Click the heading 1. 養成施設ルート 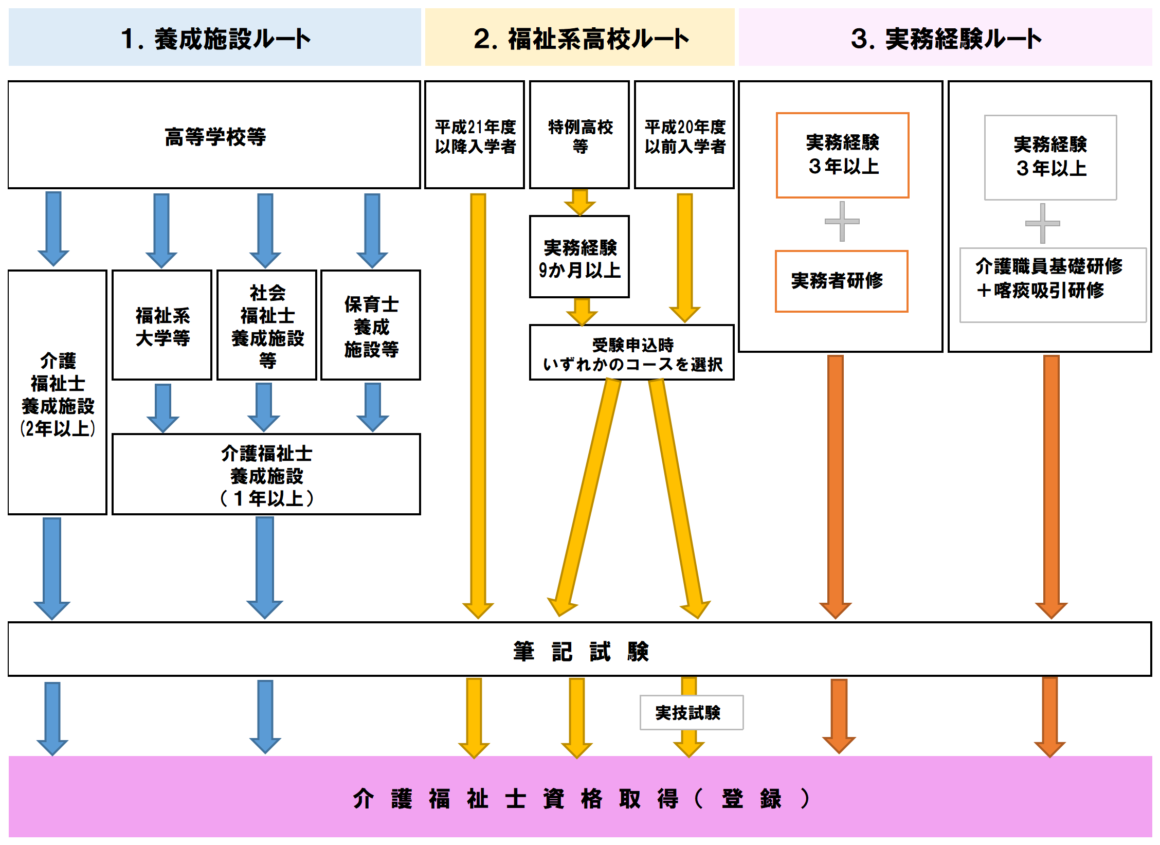tap(215, 39)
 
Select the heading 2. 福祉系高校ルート tap(580, 39)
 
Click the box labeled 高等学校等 tap(214, 136)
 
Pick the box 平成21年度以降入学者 tap(475, 136)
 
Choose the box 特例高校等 tap(579, 136)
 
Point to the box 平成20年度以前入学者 tap(684, 136)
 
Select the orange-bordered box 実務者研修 tap(841, 281)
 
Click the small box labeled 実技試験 tap(691, 713)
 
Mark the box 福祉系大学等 tap(162, 326)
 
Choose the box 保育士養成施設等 tap(371, 326)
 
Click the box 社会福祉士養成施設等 tap(267, 326)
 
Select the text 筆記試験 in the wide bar tap(580, 651)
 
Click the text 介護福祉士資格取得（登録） tap(580, 799)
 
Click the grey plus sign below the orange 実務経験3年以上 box tap(842, 222)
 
